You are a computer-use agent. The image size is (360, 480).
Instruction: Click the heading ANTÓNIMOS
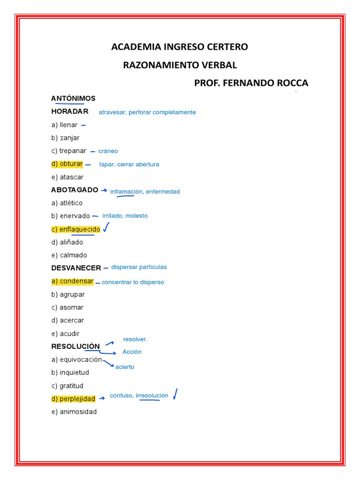click(x=73, y=98)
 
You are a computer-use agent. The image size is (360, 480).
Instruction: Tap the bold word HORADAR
click(x=70, y=112)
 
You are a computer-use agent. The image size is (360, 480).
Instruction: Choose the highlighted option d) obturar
click(x=67, y=164)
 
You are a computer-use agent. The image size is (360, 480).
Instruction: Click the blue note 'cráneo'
click(x=108, y=151)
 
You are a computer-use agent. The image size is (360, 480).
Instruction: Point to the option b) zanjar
click(x=65, y=138)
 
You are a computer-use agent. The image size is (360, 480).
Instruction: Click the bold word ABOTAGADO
click(x=75, y=190)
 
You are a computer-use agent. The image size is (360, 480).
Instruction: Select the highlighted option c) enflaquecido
click(x=76, y=229)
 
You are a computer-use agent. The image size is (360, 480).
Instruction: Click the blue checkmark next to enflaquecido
click(x=106, y=228)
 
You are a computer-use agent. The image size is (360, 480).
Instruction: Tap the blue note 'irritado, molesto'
click(x=125, y=216)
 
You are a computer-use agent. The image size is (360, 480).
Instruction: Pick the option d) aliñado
click(x=67, y=242)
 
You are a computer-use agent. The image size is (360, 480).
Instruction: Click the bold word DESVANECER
click(x=76, y=268)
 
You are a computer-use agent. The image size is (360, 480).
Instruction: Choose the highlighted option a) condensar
click(x=73, y=282)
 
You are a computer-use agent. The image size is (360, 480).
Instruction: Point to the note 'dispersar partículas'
click(x=139, y=267)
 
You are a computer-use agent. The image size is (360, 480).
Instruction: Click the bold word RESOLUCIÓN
click(x=75, y=346)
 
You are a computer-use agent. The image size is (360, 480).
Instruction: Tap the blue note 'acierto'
click(x=125, y=367)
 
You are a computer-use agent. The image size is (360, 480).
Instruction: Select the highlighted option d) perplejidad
click(x=74, y=399)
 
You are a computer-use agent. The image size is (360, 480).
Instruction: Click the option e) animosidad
click(x=74, y=412)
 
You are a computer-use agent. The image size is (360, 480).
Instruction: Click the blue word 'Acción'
click(x=132, y=352)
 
